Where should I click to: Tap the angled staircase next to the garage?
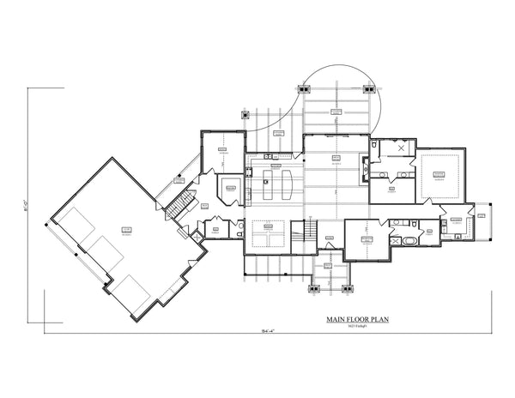[179, 207]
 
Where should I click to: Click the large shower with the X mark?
[400, 148]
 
